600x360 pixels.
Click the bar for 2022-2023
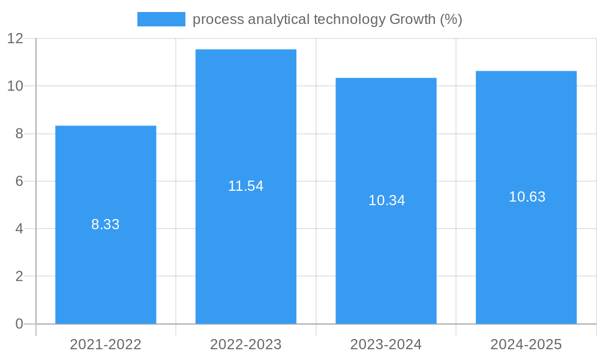pos(246,240)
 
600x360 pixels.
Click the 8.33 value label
pos(106,224)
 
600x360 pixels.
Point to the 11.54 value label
pos(246,186)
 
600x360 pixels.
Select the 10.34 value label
pos(386,200)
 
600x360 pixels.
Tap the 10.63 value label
pos(527,197)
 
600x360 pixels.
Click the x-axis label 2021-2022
pos(106,344)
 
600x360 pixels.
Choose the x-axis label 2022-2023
pos(246,344)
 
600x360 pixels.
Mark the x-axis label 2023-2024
pos(386,344)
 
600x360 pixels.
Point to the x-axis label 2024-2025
pos(526,344)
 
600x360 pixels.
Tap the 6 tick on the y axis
pos(19,181)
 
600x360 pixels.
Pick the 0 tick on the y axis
pos(19,324)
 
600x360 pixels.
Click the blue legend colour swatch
pos(161,19)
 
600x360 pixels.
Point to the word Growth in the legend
pos(412,19)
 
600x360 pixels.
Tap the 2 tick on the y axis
pos(19,277)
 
